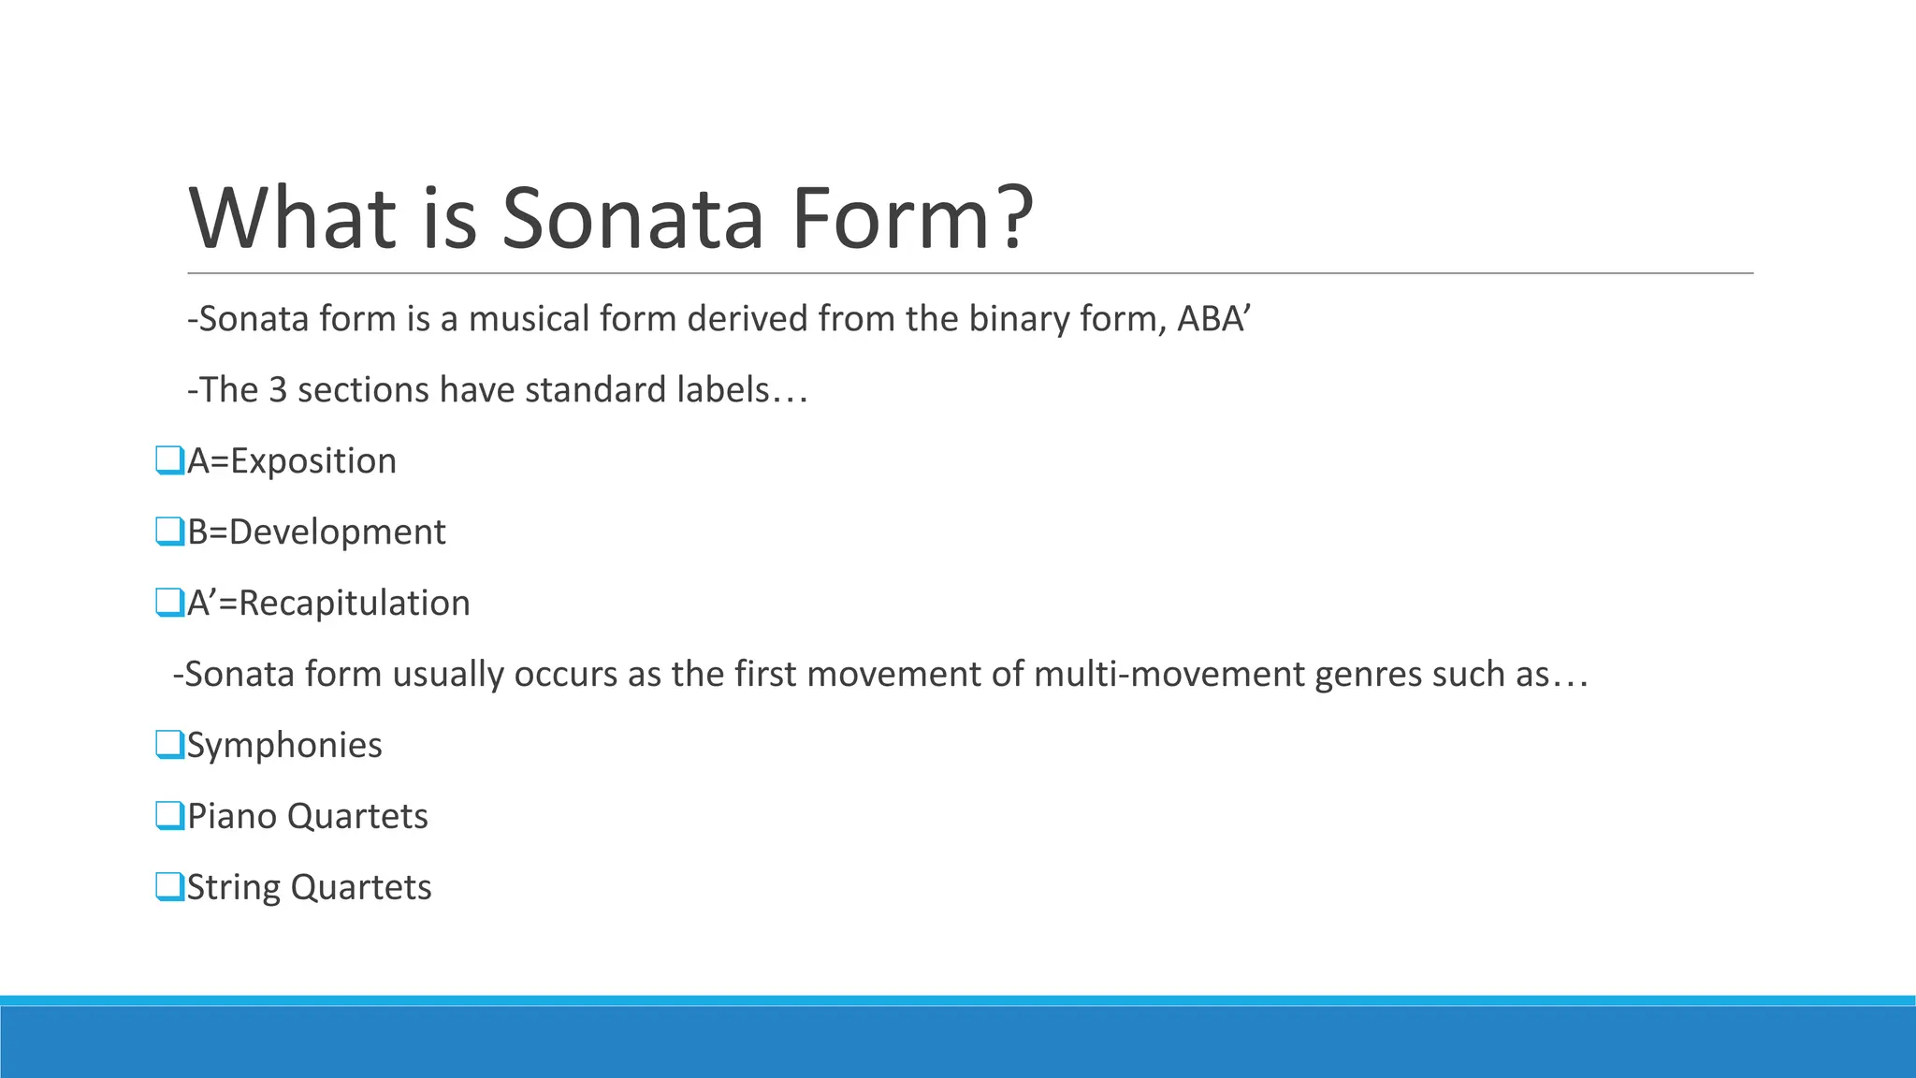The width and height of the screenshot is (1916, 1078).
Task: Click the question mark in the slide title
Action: point(1014,217)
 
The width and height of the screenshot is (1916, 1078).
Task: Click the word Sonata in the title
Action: point(632,217)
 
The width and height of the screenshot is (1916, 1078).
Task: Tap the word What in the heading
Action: point(293,217)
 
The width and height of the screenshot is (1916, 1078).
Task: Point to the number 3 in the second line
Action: point(277,390)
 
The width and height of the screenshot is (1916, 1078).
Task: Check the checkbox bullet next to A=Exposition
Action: point(169,460)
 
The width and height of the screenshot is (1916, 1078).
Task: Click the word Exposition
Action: point(313,461)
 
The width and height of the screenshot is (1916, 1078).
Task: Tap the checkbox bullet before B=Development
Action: point(169,532)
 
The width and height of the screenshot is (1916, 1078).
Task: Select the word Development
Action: point(337,532)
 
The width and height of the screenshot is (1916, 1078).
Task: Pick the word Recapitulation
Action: point(354,604)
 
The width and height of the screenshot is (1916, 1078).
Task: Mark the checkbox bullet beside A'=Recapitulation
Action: point(169,603)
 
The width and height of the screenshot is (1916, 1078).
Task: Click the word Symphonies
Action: point(284,746)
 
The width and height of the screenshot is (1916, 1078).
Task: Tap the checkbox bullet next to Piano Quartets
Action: point(169,816)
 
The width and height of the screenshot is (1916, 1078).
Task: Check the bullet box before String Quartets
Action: point(169,887)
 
